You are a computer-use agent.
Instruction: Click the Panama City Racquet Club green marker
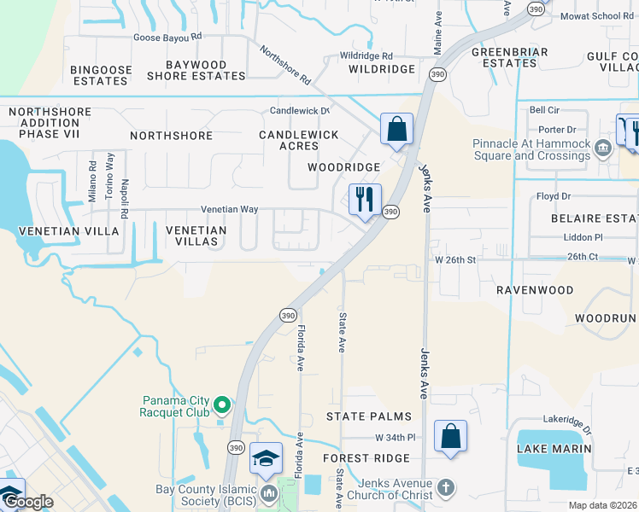click(x=222, y=405)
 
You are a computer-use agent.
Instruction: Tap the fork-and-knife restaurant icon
click(x=365, y=200)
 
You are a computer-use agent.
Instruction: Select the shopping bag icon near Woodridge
click(x=396, y=130)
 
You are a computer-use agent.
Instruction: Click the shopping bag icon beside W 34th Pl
click(x=450, y=437)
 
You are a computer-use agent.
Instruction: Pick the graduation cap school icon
click(x=266, y=458)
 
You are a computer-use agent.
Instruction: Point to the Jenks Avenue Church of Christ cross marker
click(x=443, y=488)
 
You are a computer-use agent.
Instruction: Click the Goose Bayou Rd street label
click(x=167, y=38)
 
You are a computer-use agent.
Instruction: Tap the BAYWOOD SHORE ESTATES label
click(x=196, y=70)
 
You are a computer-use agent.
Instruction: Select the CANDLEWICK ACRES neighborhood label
click(x=298, y=140)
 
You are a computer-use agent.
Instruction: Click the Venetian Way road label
click(x=229, y=209)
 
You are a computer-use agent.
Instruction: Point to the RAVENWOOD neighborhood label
click(x=536, y=290)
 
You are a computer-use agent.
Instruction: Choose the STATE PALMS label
click(x=369, y=416)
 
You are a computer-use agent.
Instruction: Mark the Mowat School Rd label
click(x=597, y=16)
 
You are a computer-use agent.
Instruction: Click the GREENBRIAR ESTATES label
click(x=503, y=57)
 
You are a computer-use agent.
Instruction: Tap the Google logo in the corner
click(x=27, y=502)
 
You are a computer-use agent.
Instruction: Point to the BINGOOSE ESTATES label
click(x=101, y=75)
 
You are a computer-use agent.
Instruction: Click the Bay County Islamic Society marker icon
click(x=269, y=493)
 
